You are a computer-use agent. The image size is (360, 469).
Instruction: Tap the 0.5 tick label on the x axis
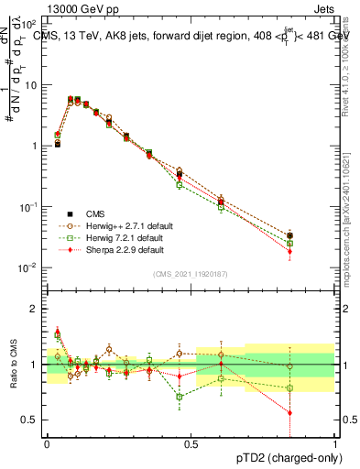(191, 442)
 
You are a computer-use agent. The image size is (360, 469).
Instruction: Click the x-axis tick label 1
(336, 442)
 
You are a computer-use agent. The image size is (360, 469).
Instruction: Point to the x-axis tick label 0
(47, 442)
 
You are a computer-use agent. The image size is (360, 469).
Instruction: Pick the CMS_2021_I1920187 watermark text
(191, 274)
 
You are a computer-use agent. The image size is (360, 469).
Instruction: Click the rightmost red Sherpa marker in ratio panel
(290, 412)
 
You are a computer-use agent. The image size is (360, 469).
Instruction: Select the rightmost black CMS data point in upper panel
(290, 236)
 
